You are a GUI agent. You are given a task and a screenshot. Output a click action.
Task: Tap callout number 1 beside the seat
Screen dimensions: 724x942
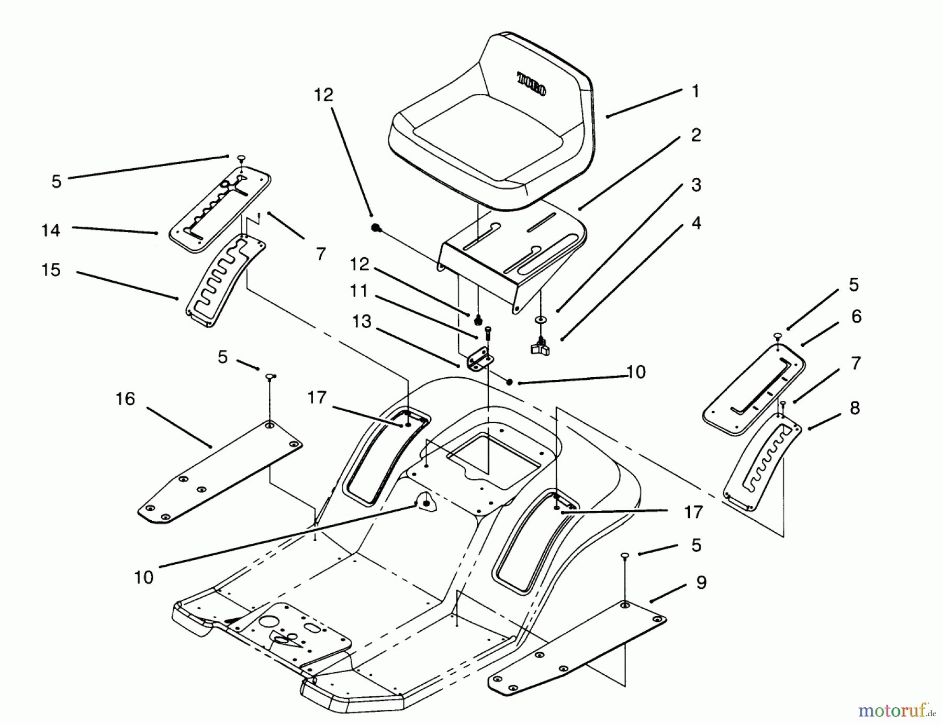click(x=696, y=91)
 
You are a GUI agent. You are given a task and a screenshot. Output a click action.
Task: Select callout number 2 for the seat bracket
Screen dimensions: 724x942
click(x=696, y=135)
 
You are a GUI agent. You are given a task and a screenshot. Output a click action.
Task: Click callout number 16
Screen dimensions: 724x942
click(x=125, y=399)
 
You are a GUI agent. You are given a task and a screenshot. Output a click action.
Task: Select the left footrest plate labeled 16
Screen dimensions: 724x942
click(x=220, y=471)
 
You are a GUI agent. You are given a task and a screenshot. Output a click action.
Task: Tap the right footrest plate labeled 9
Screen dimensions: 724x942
click(x=576, y=647)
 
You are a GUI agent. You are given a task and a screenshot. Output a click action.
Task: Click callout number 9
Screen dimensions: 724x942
click(x=701, y=583)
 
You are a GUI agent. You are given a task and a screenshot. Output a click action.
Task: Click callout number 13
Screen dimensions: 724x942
click(x=362, y=321)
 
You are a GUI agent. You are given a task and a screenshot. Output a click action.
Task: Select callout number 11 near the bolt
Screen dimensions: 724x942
click(x=358, y=291)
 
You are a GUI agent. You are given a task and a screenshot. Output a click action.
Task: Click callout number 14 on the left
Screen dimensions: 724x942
click(x=51, y=230)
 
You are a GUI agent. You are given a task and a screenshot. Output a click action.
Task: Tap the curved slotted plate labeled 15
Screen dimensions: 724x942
click(x=222, y=283)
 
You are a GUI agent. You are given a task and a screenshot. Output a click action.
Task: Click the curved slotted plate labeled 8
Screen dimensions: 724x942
click(x=761, y=461)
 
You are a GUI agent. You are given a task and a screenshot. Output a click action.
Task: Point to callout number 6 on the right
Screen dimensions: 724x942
click(x=856, y=316)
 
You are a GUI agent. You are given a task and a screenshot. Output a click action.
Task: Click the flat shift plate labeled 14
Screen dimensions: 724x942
click(x=220, y=210)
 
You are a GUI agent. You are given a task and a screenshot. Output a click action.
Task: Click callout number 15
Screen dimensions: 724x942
click(x=51, y=270)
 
